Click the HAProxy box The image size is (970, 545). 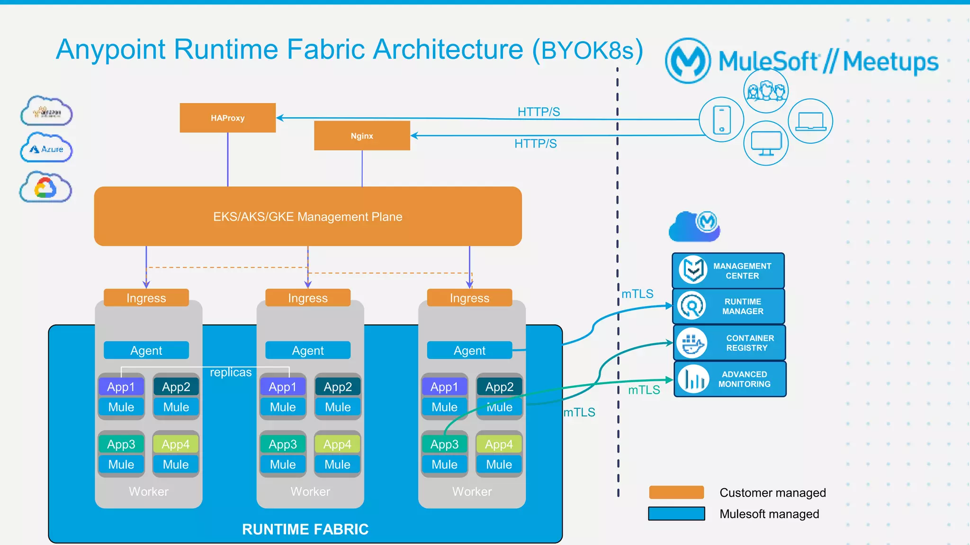pos(227,118)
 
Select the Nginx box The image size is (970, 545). pos(362,136)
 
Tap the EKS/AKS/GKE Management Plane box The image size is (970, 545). pos(308,216)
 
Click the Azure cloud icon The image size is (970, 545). pos(46,149)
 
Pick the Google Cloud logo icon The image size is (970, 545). pos(45,188)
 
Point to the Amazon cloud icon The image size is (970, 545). pos(46,112)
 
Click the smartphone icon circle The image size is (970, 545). pos(721,120)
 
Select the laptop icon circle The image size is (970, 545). pos(810,121)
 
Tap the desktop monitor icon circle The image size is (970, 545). pos(766,143)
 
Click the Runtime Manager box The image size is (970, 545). pos(728,306)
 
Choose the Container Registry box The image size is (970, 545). pos(729,343)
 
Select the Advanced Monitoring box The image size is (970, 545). pos(729,379)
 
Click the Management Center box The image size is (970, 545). pos(728,271)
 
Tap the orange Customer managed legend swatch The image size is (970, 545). pos(676,492)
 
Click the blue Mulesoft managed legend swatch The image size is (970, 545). pos(676,513)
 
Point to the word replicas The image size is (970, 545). pos(231,372)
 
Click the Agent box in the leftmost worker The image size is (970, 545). pos(146,350)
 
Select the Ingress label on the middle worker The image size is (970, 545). pos(308,298)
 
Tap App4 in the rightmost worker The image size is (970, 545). pos(499,444)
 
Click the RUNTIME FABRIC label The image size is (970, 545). pos(305,529)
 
